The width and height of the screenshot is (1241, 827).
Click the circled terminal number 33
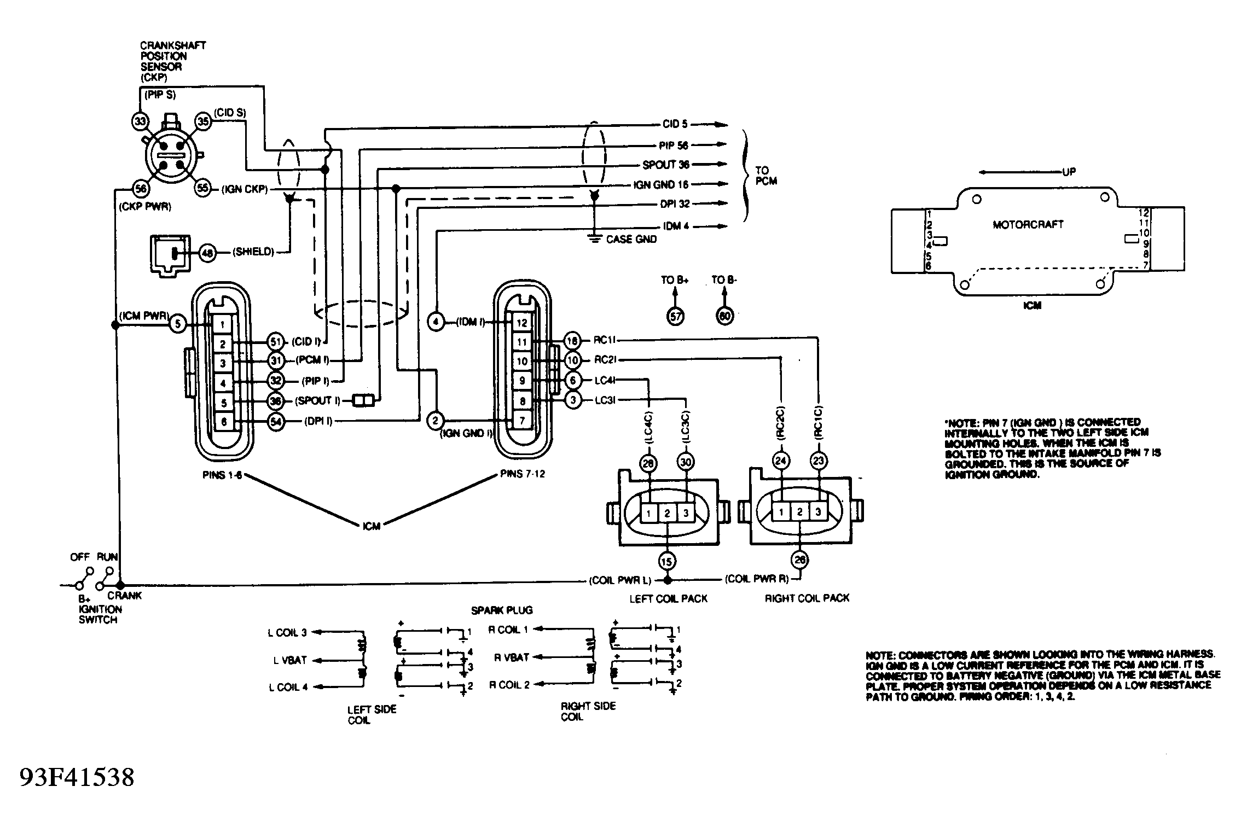point(140,121)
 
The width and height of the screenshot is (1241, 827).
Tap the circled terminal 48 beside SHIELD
point(207,253)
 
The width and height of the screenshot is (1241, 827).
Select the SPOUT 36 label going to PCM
point(665,165)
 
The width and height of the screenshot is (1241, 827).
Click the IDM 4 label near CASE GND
point(676,226)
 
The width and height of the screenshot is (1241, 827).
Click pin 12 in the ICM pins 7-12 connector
point(521,323)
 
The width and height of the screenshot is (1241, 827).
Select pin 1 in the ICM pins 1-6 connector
point(222,325)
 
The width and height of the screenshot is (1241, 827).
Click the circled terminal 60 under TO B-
point(724,316)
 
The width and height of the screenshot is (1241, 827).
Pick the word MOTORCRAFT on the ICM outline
point(1028,224)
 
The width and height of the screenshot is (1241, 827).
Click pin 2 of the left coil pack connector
point(667,514)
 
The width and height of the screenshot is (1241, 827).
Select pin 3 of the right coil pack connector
point(818,512)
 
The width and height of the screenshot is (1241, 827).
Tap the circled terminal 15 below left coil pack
point(666,561)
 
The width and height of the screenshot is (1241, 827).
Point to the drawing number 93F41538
point(77,778)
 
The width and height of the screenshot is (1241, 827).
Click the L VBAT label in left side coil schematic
point(290,660)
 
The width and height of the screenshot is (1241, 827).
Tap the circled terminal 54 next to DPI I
point(276,422)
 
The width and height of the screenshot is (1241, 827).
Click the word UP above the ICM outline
point(1069,172)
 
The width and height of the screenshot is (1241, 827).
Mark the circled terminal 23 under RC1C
point(818,461)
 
